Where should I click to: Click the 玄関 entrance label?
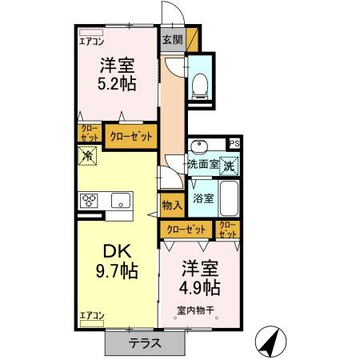tap(173, 40)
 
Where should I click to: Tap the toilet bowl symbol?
tap(200, 86)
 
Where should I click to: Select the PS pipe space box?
tap(234, 144)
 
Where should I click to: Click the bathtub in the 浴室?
tap(229, 198)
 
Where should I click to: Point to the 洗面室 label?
tap(203, 164)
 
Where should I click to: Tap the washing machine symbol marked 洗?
tap(229, 166)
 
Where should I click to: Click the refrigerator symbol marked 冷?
tap(87, 155)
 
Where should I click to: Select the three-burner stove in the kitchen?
tap(89, 201)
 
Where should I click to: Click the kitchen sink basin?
tap(121, 200)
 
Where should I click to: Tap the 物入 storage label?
tap(172, 206)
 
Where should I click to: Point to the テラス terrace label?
tap(145, 343)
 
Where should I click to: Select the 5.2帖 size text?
tap(117, 84)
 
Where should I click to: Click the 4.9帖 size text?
tap(200, 288)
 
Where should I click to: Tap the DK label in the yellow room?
tap(117, 251)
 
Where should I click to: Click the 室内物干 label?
tap(196, 310)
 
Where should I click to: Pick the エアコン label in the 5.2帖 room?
tap(92, 42)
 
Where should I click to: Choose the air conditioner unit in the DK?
tap(92, 323)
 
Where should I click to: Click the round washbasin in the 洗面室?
tap(199, 146)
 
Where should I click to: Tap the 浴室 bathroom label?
tap(203, 198)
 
